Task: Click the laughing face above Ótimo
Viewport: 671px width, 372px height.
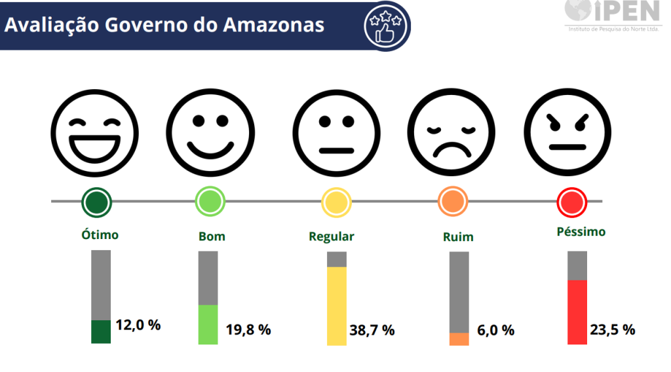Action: tap(96, 133)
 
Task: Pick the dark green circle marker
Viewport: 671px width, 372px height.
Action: tap(96, 202)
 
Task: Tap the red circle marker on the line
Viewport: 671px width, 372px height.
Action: tap(571, 202)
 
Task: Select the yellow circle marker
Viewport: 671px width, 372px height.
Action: tap(336, 202)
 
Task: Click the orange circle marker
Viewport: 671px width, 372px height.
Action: tap(453, 202)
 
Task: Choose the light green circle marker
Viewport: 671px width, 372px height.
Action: tap(210, 202)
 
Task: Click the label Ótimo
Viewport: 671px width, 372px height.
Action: tap(100, 234)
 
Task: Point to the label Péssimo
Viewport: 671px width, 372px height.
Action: tap(581, 232)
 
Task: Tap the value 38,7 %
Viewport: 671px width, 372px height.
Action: tap(372, 330)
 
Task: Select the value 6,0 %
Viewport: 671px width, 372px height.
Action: tap(495, 330)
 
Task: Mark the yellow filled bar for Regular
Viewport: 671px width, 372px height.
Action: tap(337, 306)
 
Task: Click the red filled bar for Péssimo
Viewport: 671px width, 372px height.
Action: tap(577, 312)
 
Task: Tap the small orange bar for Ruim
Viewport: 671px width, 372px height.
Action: tap(459, 339)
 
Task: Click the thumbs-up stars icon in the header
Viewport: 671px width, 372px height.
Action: tap(387, 26)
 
